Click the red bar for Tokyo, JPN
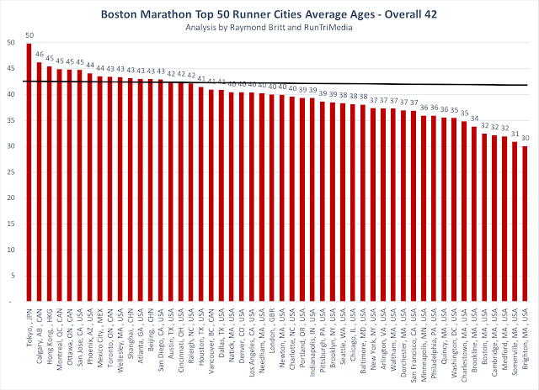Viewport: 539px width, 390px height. click(29, 172)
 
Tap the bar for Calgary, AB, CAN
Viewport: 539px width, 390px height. click(40, 182)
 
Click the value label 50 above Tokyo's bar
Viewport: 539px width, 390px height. click(29, 35)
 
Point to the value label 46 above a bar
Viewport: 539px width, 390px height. click(40, 55)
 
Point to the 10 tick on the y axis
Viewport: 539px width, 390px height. click(9, 249)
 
